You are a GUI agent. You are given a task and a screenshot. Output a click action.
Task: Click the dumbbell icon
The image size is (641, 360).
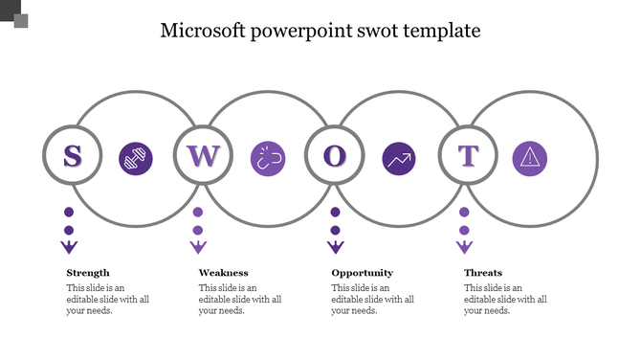point(135,159)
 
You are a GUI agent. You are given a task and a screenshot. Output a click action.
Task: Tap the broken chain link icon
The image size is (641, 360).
point(267,159)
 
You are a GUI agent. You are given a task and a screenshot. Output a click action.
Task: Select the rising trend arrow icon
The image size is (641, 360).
point(398,159)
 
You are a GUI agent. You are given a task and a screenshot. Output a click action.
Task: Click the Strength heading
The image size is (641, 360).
point(88,273)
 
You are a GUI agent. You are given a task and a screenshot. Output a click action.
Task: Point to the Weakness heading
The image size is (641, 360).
point(223,273)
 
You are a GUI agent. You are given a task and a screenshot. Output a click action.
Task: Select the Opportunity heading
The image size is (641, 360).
point(362,273)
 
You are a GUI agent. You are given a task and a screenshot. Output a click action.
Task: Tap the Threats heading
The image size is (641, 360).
point(483,273)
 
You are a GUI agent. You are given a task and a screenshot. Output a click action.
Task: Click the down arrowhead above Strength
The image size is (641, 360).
point(69,248)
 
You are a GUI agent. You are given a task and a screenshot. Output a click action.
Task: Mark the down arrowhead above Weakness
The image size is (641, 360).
point(198,248)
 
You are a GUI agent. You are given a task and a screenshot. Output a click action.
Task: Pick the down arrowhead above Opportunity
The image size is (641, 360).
point(335,248)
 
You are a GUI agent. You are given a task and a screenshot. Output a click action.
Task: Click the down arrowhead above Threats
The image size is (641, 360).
point(464,248)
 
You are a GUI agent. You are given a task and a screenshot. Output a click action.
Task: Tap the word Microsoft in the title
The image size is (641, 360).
point(202,31)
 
